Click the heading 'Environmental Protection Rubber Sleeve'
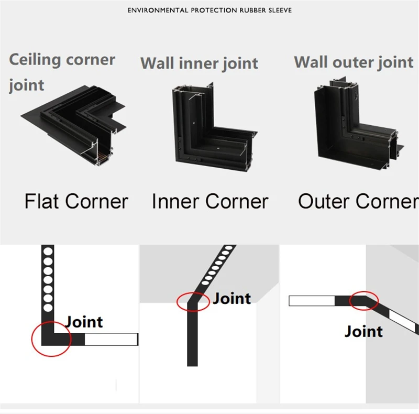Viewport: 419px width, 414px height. tap(210, 10)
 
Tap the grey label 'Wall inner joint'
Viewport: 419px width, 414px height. tap(199, 63)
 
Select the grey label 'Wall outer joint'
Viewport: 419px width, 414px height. tap(354, 62)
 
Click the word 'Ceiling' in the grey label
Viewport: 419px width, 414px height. tap(35, 59)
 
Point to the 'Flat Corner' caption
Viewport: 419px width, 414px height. tap(76, 201)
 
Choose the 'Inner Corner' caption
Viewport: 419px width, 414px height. tap(210, 201)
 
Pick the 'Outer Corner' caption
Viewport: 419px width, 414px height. tap(358, 201)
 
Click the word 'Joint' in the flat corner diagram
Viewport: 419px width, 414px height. tap(84, 322)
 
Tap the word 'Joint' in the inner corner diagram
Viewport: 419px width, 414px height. tap(232, 299)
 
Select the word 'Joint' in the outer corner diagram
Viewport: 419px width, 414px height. tap(363, 331)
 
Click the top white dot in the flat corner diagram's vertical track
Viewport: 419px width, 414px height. tap(48, 250)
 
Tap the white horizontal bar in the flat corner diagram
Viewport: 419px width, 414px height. tap(111, 340)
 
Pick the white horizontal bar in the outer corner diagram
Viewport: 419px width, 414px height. tap(312, 301)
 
